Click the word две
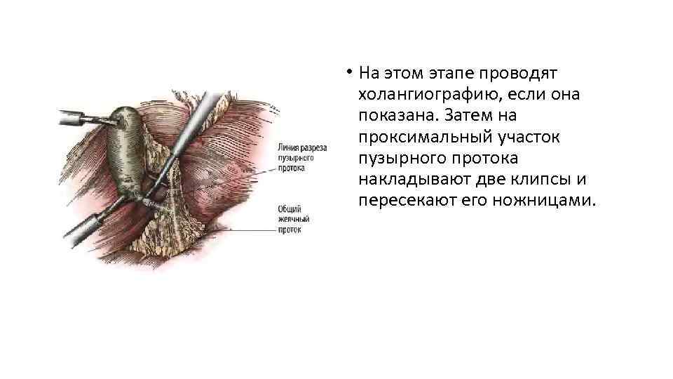click(x=492, y=179)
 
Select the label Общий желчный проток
click(x=294, y=219)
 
